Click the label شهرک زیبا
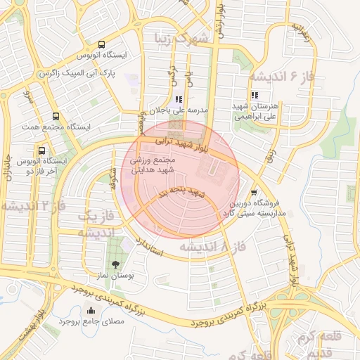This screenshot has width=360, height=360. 183,39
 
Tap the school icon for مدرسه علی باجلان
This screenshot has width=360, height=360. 179,100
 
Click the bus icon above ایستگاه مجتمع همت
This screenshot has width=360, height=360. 56,117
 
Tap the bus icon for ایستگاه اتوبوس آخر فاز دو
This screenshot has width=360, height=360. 42,150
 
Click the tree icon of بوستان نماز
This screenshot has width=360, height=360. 115,243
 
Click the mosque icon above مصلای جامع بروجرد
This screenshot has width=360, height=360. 90,311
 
